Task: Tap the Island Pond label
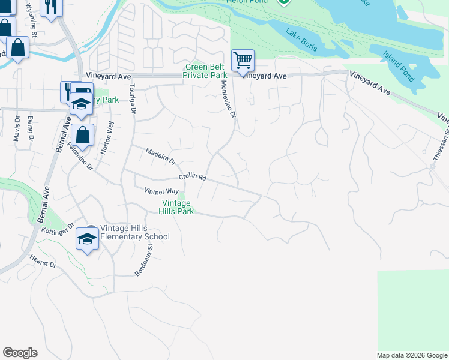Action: pyautogui.click(x=399, y=67)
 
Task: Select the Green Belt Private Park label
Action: pyautogui.click(x=205, y=71)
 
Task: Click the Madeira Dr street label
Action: pyautogui.click(x=160, y=157)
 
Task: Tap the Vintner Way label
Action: pyautogui.click(x=161, y=191)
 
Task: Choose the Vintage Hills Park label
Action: pyautogui.click(x=176, y=208)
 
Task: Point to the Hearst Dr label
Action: pyautogui.click(x=43, y=261)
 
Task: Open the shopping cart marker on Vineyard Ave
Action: pyautogui.click(x=243, y=60)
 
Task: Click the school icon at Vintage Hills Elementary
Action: pyautogui.click(x=87, y=239)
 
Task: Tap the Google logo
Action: pyautogui.click(x=20, y=353)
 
